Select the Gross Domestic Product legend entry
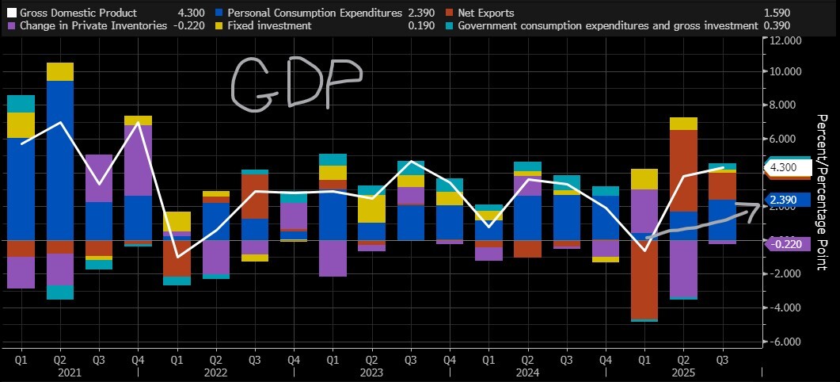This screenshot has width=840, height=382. [x=78, y=13]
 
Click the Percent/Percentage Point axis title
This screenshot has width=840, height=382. [x=823, y=193]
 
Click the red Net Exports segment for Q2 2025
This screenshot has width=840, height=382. [x=683, y=170]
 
